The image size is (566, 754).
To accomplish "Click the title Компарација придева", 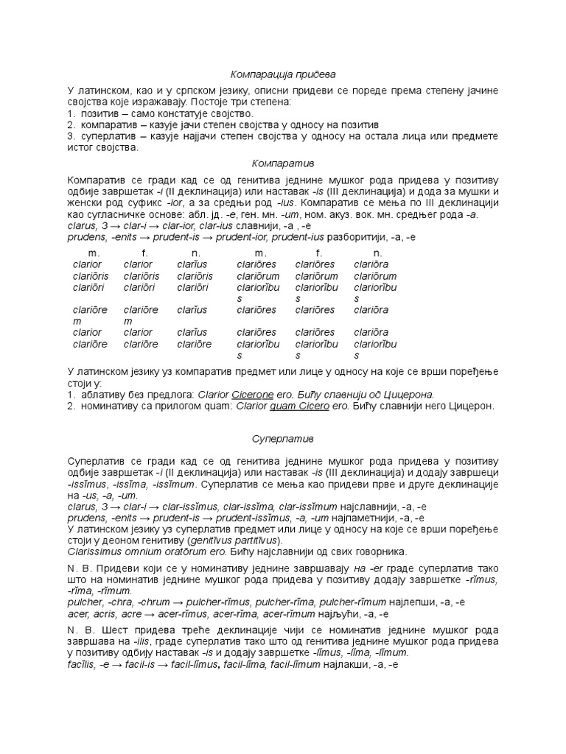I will (x=283, y=75).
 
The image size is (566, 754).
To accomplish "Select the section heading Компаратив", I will (x=283, y=161).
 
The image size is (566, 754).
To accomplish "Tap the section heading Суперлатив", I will (x=283, y=439).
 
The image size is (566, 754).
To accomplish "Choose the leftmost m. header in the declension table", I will (x=94, y=253).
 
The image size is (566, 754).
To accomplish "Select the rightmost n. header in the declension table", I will (x=377, y=253).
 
